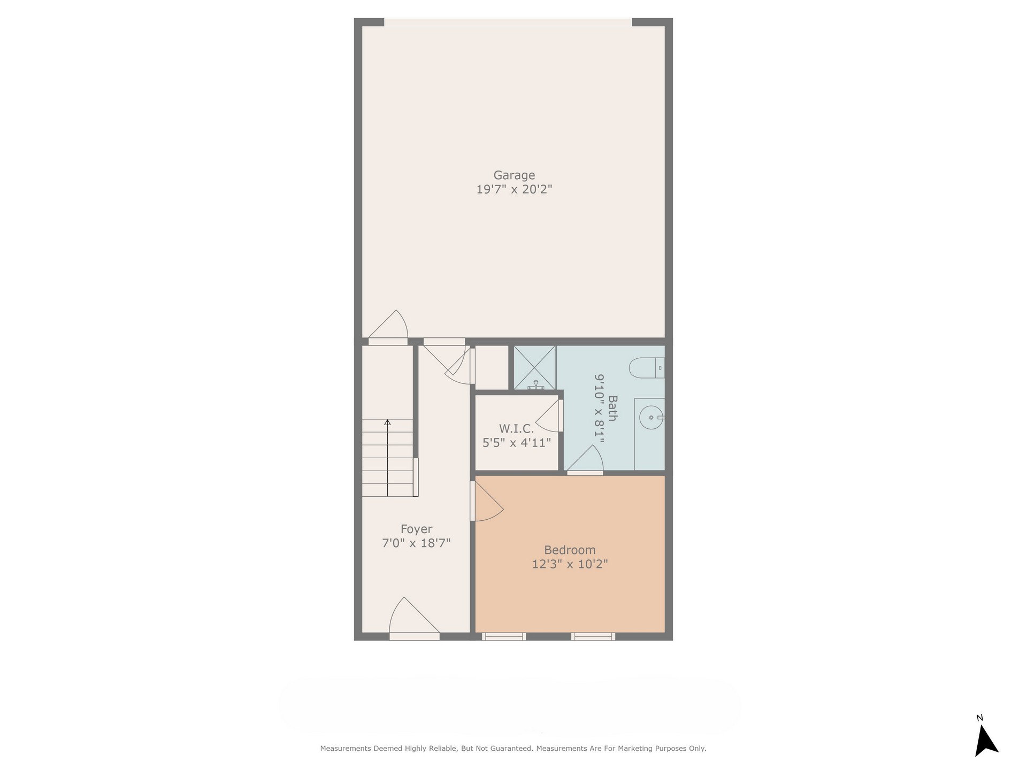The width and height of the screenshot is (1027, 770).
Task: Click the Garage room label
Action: click(514, 175)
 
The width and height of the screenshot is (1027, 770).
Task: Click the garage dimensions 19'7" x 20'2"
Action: click(514, 189)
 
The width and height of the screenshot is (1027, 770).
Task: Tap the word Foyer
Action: click(416, 529)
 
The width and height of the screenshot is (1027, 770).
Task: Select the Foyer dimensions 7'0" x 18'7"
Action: click(416, 543)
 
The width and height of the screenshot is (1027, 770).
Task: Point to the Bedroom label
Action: click(570, 550)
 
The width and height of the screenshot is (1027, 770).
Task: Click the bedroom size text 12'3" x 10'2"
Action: click(570, 564)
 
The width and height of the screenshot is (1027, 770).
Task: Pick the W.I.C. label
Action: click(516, 429)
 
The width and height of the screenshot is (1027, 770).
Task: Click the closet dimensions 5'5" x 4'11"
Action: click(516, 443)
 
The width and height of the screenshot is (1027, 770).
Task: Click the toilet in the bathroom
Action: click(647, 368)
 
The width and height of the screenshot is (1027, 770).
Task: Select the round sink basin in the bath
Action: click(652, 417)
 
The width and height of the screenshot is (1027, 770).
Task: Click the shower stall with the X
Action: click(535, 368)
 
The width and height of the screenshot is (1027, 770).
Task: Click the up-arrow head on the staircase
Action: click(387, 422)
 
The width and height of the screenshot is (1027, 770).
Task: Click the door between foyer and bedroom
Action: click(486, 502)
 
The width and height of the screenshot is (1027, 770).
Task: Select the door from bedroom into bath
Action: click(585, 460)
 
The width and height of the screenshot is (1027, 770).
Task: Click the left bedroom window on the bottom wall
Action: click(504, 636)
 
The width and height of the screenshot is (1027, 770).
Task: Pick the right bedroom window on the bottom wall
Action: click(593, 636)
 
